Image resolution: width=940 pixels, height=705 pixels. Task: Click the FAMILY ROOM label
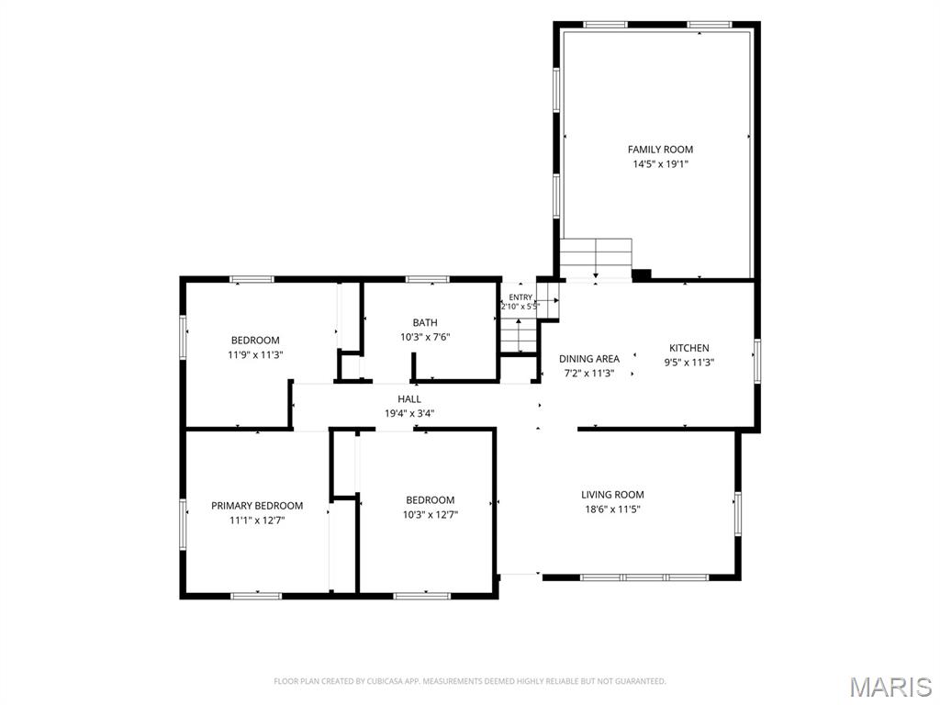[660, 150]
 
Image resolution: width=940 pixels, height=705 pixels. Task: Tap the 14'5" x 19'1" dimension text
[660, 163]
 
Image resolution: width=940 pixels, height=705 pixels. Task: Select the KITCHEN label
[688, 348]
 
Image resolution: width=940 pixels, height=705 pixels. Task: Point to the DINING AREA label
[589, 359]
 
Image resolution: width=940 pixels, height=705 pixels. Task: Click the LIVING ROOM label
[612, 495]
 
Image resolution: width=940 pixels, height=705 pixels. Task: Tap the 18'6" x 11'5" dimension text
[612, 509]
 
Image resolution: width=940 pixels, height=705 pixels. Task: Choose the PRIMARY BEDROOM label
[257, 506]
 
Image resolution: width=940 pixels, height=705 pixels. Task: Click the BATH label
[425, 322]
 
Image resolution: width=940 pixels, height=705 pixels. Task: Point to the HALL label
[409, 398]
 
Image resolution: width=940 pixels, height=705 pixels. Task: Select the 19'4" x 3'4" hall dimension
[409, 413]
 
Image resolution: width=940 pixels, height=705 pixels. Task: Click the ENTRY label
[520, 297]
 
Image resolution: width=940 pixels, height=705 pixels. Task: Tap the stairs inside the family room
[596, 259]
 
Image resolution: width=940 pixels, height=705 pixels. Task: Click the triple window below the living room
[644, 577]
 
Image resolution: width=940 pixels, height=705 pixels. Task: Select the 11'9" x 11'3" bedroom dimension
[255, 354]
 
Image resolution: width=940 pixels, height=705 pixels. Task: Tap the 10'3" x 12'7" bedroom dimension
[431, 514]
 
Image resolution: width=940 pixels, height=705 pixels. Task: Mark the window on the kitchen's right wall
[757, 361]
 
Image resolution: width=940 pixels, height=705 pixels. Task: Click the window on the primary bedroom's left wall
[184, 524]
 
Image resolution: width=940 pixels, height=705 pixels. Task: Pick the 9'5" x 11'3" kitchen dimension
[688, 362]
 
